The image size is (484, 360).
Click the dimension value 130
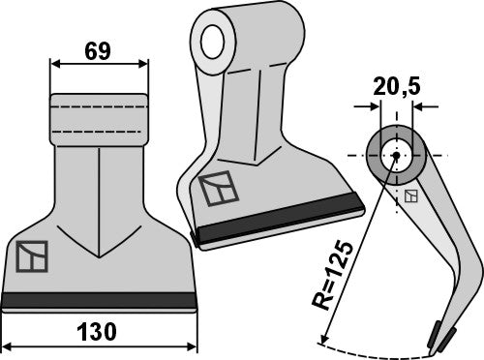(99, 332)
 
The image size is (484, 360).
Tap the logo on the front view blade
(31, 256)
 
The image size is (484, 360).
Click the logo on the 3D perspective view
(216, 189)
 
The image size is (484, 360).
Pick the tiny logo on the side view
(411, 197)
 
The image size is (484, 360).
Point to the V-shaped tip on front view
(98, 254)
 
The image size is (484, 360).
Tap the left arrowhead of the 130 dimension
(7, 345)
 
